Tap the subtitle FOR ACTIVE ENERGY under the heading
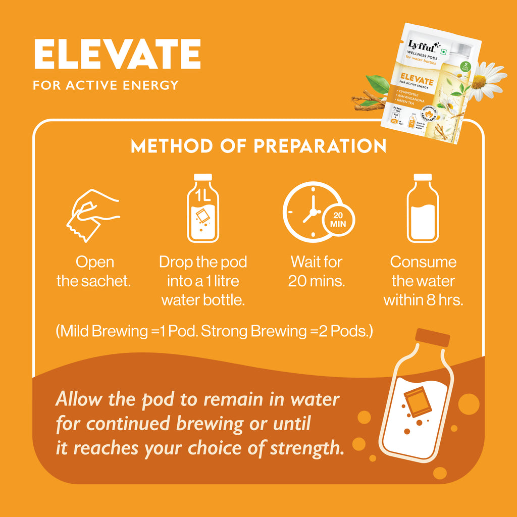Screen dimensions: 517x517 pos(106,85)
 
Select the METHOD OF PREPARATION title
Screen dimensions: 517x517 pos(258,146)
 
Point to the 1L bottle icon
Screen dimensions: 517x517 pos(203,208)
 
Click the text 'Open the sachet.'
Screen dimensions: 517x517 pos(94,272)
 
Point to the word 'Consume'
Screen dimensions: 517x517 pos(423,262)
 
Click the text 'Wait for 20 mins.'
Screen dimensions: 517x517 pos(317,272)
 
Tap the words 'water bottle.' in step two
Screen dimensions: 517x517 pos(203,300)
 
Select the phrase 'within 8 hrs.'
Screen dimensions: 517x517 pos(423,300)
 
